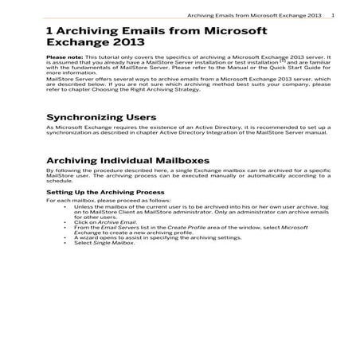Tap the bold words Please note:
[63, 58]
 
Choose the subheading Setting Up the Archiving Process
[105, 193]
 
